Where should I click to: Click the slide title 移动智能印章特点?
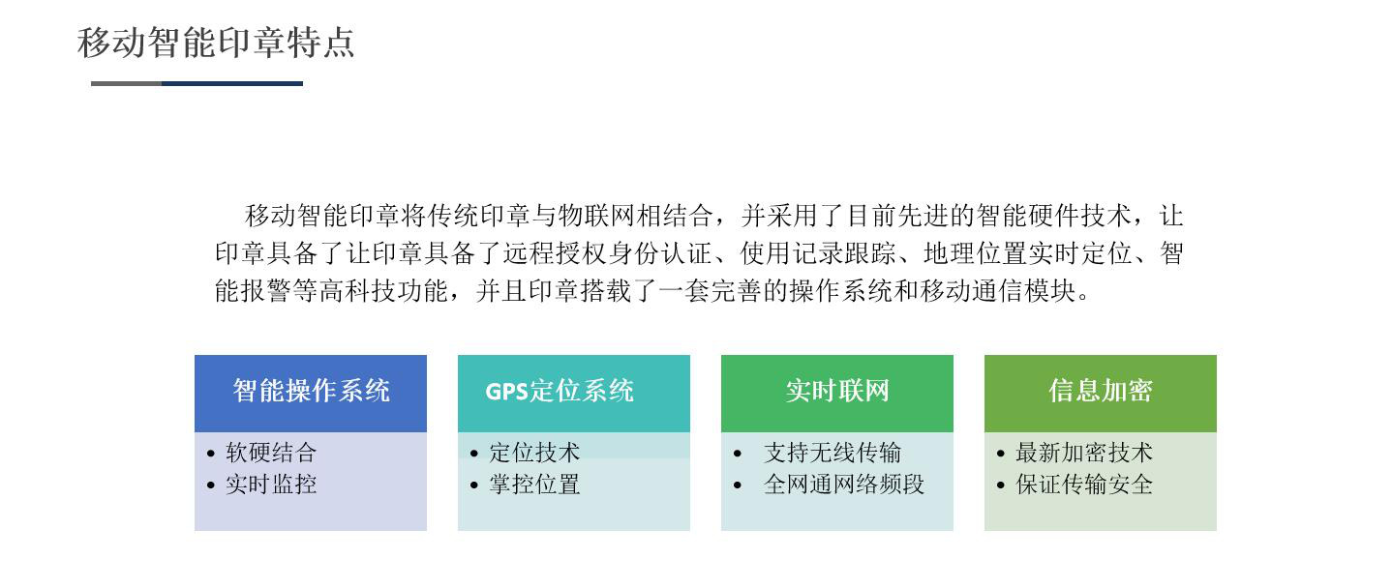click(x=216, y=43)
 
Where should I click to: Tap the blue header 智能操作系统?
click(x=311, y=391)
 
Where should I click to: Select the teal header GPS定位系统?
click(x=560, y=391)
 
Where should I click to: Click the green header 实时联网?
click(x=837, y=391)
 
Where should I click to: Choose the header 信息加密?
click(x=1100, y=391)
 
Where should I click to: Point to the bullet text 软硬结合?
click(x=271, y=453)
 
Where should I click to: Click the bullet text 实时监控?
click(x=271, y=485)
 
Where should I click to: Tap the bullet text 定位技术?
click(x=534, y=453)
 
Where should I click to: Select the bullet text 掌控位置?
click(x=534, y=485)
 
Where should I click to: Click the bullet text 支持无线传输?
click(x=833, y=453)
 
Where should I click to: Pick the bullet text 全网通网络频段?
click(x=844, y=485)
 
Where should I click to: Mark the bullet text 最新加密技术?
click(x=1084, y=453)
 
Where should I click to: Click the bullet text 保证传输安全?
click(x=1084, y=485)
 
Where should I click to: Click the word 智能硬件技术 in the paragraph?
click(x=1053, y=216)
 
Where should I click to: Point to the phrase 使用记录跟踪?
click(x=818, y=253)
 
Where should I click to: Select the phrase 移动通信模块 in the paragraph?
click(x=998, y=291)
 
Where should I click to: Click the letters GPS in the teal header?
click(x=506, y=392)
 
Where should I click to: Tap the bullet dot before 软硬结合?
click(x=211, y=454)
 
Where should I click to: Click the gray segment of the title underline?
click(x=126, y=83)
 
